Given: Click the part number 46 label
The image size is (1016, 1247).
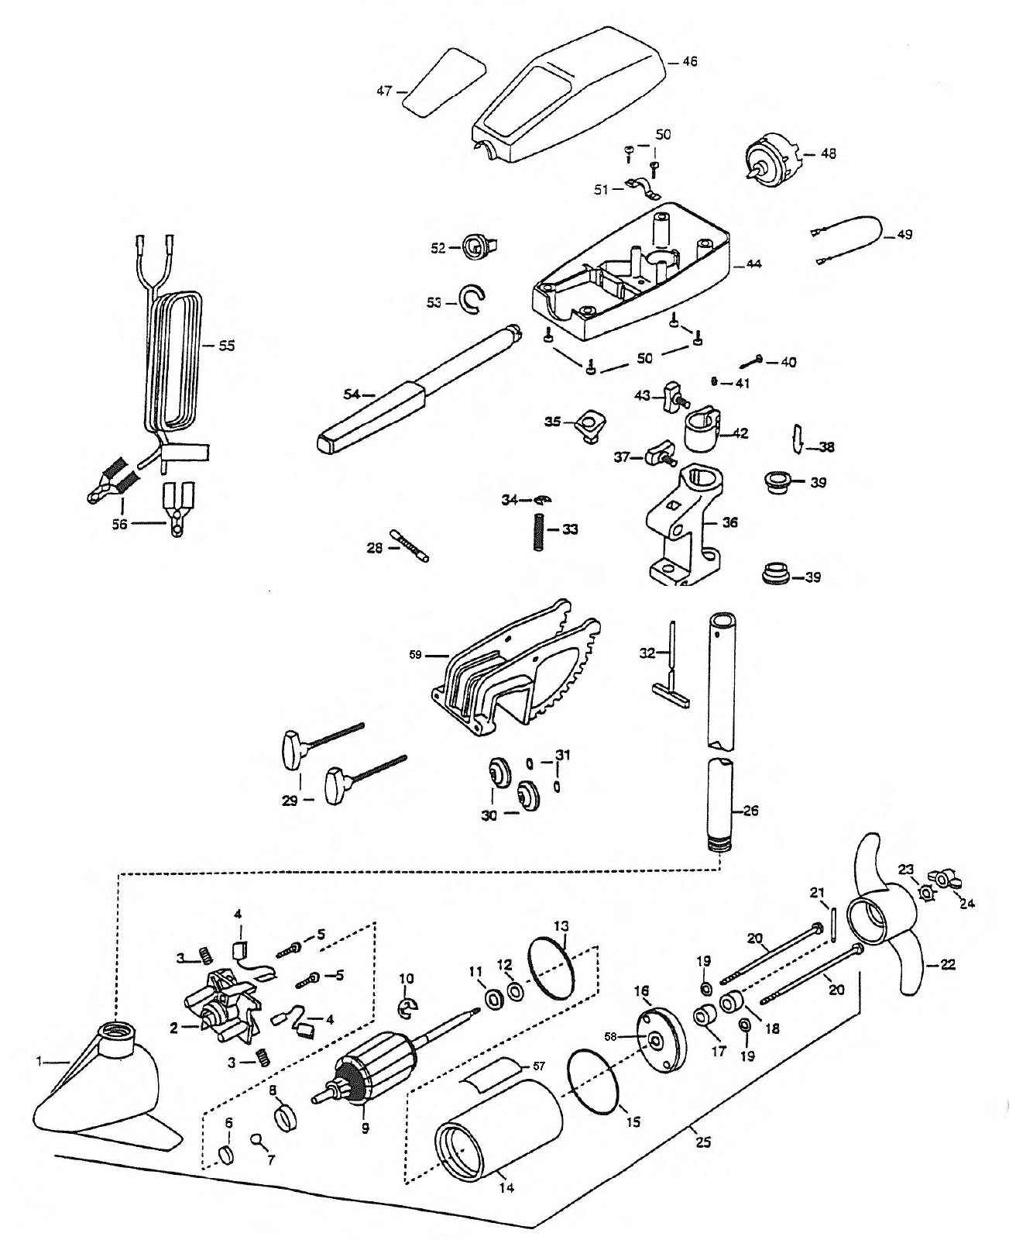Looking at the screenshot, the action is (689, 61).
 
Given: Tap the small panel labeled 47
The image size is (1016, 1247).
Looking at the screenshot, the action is (444, 84).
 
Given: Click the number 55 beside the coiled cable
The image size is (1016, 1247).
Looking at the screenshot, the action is (227, 346).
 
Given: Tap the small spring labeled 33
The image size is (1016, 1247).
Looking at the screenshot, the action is (538, 532).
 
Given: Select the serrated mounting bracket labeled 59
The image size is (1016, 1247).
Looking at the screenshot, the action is (515, 668).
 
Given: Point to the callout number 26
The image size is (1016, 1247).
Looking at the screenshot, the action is (750, 811).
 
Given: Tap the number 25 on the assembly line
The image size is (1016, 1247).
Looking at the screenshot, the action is (703, 1143).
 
